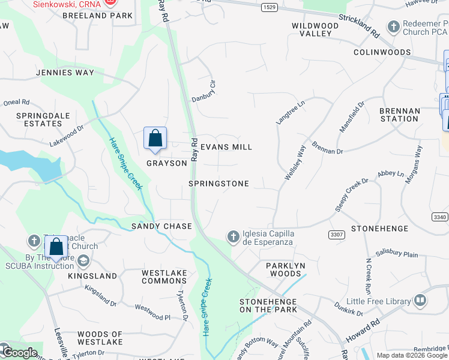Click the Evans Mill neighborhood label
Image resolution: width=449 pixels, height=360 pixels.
pos(226,147)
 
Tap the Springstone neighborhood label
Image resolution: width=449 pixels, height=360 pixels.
pos(218,184)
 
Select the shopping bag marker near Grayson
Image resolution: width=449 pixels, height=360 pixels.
pos(155,139)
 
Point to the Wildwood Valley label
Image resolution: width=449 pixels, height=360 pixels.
pos(315,30)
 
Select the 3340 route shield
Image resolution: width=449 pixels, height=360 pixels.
pos(440,216)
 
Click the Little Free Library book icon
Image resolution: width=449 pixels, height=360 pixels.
pos(420,299)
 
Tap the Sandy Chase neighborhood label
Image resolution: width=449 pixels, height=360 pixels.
pos(161,226)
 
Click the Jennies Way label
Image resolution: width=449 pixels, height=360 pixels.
pos(65,73)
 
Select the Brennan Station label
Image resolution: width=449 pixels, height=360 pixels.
pos(399,115)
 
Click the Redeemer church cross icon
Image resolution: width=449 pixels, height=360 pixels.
pos(393,27)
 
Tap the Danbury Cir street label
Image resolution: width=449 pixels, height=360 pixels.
pos(203,91)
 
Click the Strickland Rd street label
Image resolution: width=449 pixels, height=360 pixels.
pos(358,25)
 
